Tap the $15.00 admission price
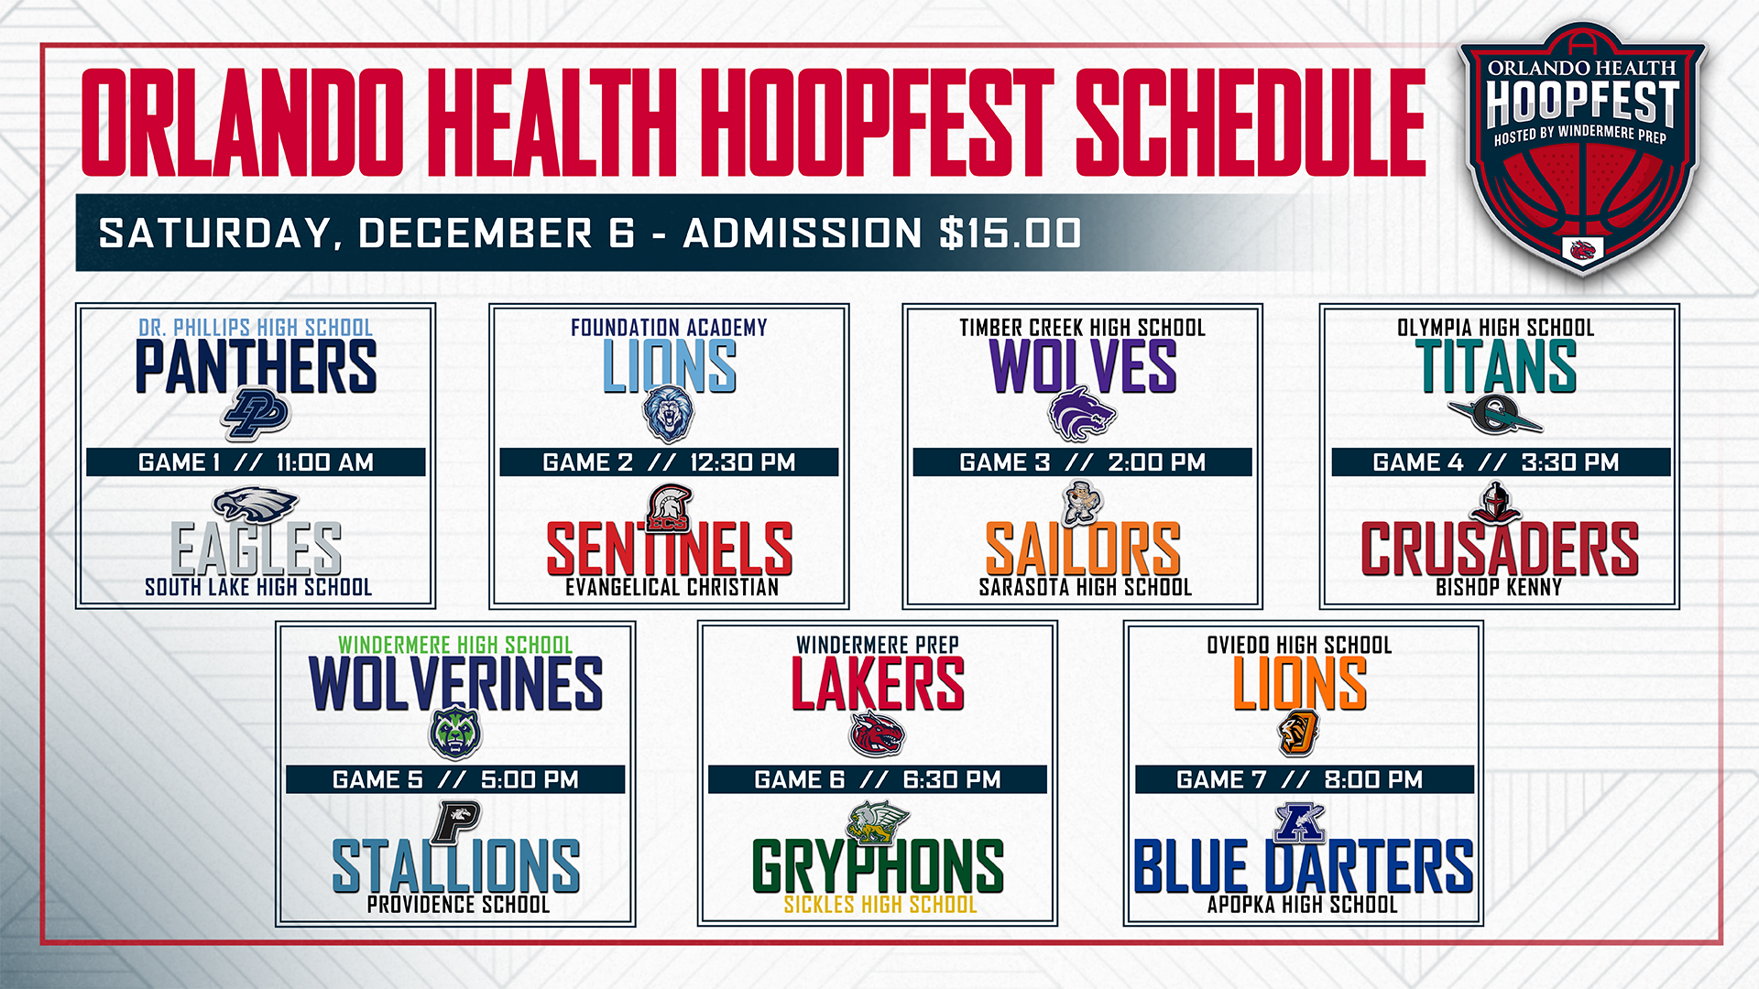[x=1011, y=233]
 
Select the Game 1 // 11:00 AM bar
[x=256, y=462]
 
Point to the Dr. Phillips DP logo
[x=256, y=414]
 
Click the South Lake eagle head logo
[x=256, y=505]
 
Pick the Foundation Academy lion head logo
[x=669, y=414]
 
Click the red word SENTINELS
[x=669, y=549]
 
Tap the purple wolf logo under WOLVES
[x=1082, y=414]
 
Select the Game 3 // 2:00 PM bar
[x=1082, y=462]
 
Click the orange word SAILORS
[x=1082, y=549]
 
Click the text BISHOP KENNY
[x=1498, y=587]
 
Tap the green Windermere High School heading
[x=455, y=645]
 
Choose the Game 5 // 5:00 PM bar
[x=455, y=779]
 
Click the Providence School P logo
[x=456, y=821]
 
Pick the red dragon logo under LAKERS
[x=877, y=734]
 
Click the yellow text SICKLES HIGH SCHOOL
[x=879, y=905]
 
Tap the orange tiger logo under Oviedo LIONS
[x=1298, y=734]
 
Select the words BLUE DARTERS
[x=1303, y=866]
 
